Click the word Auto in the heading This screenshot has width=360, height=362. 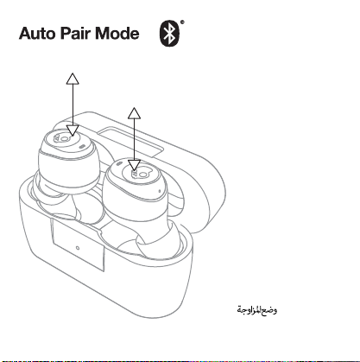[37, 34]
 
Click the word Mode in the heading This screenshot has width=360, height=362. [117, 33]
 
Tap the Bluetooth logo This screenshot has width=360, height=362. [169, 34]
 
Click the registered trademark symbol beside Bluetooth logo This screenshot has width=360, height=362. [182, 22]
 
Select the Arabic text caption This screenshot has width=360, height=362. [257, 310]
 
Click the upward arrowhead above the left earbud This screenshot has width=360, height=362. [73, 79]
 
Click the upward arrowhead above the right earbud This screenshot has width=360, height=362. [134, 113]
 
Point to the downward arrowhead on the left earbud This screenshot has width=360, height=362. [73, 130]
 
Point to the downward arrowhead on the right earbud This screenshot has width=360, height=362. [134, 166]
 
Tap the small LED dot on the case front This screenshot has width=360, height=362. [78, 248]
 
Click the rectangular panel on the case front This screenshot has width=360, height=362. [78, 245]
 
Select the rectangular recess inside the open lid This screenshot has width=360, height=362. [131, 142]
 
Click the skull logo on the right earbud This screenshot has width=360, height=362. [140, 174]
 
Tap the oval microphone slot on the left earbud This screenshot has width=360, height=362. [82, 146]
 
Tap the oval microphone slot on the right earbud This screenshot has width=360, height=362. [119, 164]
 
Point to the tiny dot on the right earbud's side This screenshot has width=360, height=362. [160, 191]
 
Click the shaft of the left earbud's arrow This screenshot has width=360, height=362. [73, 105]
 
